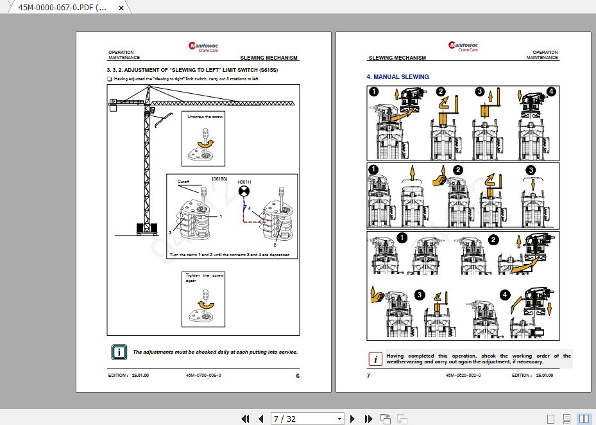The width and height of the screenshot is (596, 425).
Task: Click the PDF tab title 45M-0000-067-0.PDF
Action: pyautogui.click(x=62, y=7)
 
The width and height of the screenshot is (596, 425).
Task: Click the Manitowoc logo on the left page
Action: pyautogui.click(x=203, y=46)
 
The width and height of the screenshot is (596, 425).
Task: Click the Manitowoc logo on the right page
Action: pyautogui.click(x=463, y=46)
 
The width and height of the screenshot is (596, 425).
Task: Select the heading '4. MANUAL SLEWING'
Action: pyautogui.click(x=398, y=77)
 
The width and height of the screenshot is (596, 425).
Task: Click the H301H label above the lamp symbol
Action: pyautogui.click(x=244, y=182)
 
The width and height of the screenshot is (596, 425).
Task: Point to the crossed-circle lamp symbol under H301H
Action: pyautogui.click(x=244, y=192)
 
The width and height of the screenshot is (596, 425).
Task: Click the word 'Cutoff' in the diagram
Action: pyautogui.click(x=184, y=182)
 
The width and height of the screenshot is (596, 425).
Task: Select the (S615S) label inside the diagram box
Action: pyautogui.click(x=220, y=179)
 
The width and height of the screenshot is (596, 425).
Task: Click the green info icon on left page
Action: pyautogui.click(x=119, y=352)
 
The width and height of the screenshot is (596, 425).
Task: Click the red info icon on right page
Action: pyautogui.click(x=375, y=359)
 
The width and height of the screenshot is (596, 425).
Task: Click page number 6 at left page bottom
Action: pyautogui.click(x=298, y=376)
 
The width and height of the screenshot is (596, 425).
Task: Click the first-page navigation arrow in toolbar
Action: pyautogui.click(x=245, y=419)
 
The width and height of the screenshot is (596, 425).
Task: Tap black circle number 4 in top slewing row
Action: pyautogui.click(x=552, y=91)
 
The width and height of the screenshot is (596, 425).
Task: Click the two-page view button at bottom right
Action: pyautogui.click(x=584, y=419)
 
